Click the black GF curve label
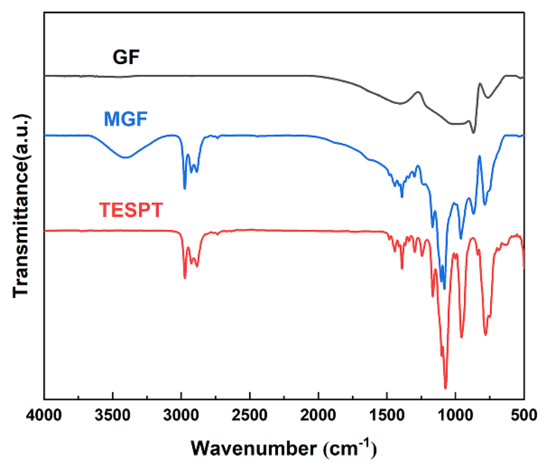(x=126, y=57)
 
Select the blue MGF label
(x=125, y=119)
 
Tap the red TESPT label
(x=131, y=210)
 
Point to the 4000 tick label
(x=44, y=415)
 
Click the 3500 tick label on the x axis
(x=112, y=415)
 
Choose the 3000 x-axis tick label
(x=181, y=415)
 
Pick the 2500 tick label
(x=250, y=415)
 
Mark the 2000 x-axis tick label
(x=318, y=415)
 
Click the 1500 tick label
(x=387, y=415)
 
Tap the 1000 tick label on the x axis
(x=455, y=415)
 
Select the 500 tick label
(x=524, y=415)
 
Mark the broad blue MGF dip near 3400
(x=126, y=158)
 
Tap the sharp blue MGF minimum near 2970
(x=184, y=189)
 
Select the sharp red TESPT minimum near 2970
(x=185, y=278)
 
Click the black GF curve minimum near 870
(x=473, y=133)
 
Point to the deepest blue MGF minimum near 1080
(x=445, y=289)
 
